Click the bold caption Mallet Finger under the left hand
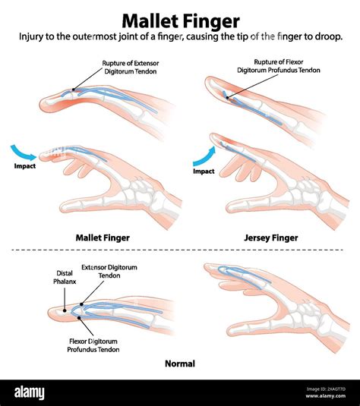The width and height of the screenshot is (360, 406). tap(103, 238)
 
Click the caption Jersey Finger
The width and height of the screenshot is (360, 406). tap(271, 238)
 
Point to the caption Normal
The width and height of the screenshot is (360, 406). tap(180, 364)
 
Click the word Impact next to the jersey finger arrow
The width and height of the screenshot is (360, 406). tap(204, 172)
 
